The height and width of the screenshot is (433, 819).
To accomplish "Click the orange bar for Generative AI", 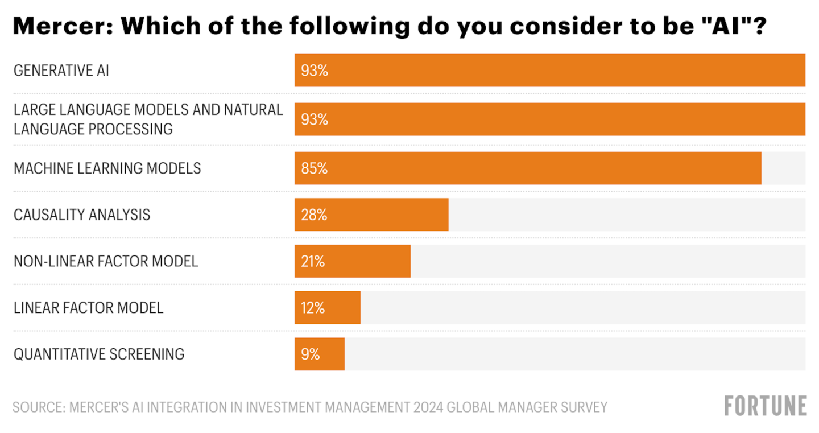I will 549,71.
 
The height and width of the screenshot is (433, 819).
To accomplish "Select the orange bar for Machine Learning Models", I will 528,168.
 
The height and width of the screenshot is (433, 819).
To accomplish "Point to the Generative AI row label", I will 61,71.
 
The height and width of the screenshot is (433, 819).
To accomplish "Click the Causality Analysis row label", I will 82,215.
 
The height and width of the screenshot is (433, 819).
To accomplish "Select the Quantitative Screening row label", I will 99,354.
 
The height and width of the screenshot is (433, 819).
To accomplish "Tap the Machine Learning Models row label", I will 107,168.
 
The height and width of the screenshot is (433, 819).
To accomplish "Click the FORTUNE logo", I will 766,406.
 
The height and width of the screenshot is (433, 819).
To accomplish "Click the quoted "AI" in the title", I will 738,26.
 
